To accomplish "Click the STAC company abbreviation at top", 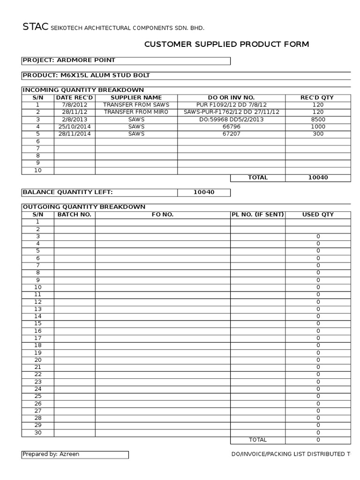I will click(x=35, y=27).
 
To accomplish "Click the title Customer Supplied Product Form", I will click(x=226, y=45).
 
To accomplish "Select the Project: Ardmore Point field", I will click(x=69, y=60).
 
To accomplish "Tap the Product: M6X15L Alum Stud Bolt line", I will click(x=86, y=75).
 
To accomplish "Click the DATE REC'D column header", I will click(x=75, y=97).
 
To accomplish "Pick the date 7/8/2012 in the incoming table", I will click(x=75, y=105).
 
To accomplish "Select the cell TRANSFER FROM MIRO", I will click(x=136, y=112).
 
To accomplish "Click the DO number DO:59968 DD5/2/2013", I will click(x=231, y=120).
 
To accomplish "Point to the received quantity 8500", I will click(x=318, y=120).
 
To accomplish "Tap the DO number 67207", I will click(x=231, y=134).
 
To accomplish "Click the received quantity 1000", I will click(x=318, y=127).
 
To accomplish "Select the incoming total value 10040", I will click(x=318, y=178).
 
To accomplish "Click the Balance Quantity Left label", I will click(x=68, y=192).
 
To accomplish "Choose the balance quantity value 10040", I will click(x=203, y=192).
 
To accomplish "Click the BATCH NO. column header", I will click(x=75, y=215).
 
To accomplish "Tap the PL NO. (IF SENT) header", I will click(x=257, y=215).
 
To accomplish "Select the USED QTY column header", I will click(x=318, y=215).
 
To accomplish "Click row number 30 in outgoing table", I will click(x=37, y=433).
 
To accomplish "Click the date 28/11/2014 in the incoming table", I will click(x=75, y=134).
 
